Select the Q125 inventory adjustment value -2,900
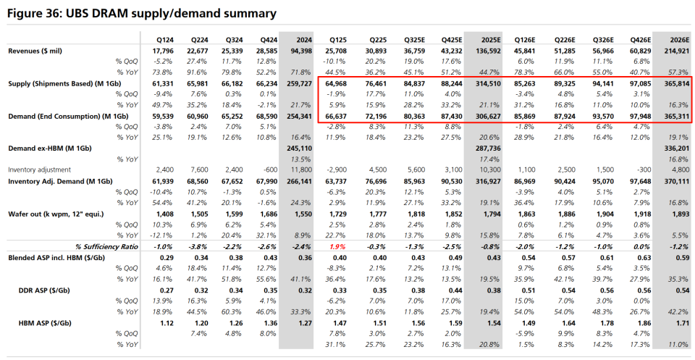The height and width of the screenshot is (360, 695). [337, 170]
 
